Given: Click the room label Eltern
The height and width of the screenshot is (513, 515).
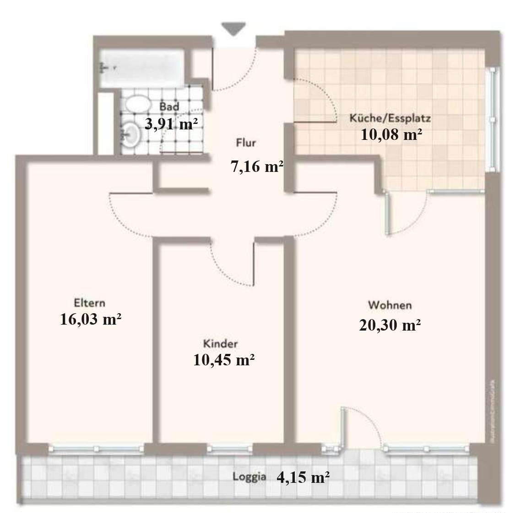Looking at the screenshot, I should pyautogui.click(x=89, y=303).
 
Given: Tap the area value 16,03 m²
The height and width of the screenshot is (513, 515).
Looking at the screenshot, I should pyautogui.click(x=91, y=319).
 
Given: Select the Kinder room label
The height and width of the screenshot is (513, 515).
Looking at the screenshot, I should pyautogui.click(x=221, y=344).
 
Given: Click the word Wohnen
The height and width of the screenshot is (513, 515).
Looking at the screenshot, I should pyautogui.click(x=390, y=305).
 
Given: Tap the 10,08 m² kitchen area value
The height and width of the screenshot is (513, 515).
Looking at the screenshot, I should pyautogui.click(x=391, y=135).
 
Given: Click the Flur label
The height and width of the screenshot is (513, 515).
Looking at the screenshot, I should pyautogui.click(x=246, y=143).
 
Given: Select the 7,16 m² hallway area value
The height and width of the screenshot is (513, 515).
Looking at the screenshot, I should pyautogui.click(x=256, y=167).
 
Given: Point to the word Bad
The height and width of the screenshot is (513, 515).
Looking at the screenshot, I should pyautogui.click(x=169, y=107).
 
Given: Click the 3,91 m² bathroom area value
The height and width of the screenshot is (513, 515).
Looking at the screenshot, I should pyautogui.click(x=168, y=123).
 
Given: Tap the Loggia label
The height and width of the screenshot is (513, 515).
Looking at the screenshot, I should pyautogui.click(x=249, y=476).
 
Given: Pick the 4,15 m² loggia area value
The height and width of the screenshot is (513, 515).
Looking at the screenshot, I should pyautogui.click(x=304, y=478).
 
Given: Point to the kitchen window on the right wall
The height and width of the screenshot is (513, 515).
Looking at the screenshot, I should pyautogui.click(x=493, y=119).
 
